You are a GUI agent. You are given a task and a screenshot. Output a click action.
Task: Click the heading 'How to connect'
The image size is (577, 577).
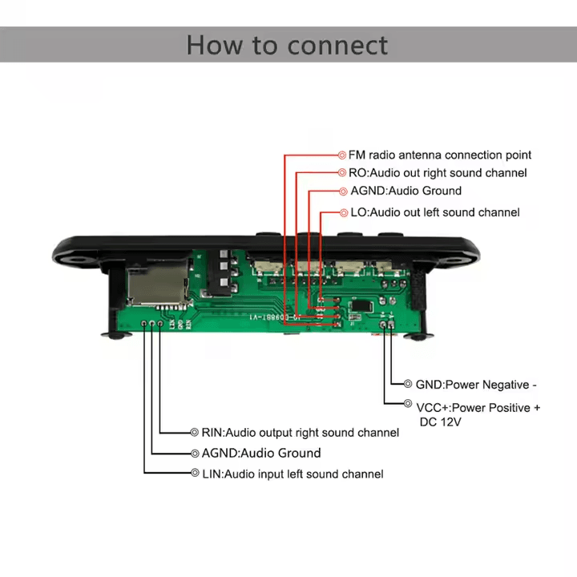tap(287, 44)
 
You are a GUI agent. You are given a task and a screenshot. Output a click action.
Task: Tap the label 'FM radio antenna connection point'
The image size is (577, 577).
tap(440, 155)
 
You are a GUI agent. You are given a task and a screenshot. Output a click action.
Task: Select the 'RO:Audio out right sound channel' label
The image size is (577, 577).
tap(438, 173)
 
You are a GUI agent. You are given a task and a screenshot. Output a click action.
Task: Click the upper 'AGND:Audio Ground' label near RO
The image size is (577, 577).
tap(406, 192)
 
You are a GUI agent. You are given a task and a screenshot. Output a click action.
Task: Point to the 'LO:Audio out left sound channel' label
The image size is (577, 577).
tap(434, 212)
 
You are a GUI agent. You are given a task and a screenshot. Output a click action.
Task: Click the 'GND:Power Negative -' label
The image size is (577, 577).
tap(476, 385)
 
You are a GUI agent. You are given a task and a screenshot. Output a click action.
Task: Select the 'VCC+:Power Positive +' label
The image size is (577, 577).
tap(478, 408)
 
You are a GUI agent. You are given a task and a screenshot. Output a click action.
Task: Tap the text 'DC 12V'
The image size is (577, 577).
tap(440, 422)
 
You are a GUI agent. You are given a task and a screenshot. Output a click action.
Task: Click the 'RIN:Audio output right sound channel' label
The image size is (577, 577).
tap(300, 433)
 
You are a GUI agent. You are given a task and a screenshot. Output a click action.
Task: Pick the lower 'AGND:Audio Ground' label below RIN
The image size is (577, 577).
tap(260, 453)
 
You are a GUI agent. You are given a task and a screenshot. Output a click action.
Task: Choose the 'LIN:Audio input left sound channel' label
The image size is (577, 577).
tap(292, 474)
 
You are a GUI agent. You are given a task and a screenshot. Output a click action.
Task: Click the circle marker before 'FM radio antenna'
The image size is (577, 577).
tap(341, 155)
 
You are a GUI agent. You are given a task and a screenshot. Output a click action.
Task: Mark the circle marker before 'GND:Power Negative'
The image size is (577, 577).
tap(408, 385)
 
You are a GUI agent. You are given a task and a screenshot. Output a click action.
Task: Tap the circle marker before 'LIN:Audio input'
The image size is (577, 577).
tap(195, 474)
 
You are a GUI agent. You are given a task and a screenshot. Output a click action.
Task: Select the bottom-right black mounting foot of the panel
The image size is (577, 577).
tap(416, 337)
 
